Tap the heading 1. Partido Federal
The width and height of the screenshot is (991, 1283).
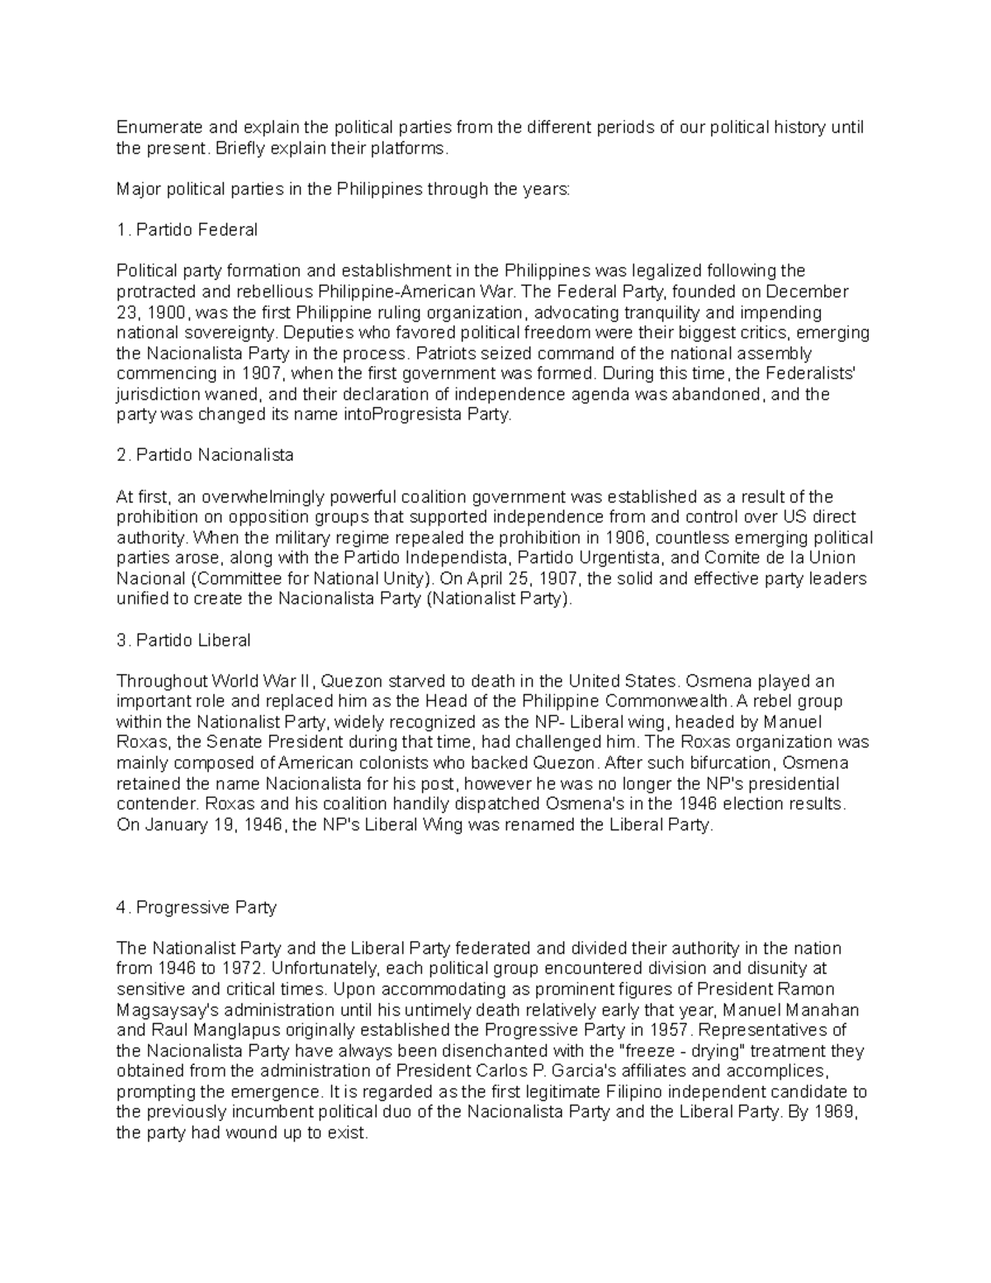(187, 230)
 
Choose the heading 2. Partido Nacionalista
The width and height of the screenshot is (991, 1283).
(205, 455)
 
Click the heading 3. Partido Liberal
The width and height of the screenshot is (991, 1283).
(183, 640)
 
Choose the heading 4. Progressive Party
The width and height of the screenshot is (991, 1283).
(197, 907)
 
